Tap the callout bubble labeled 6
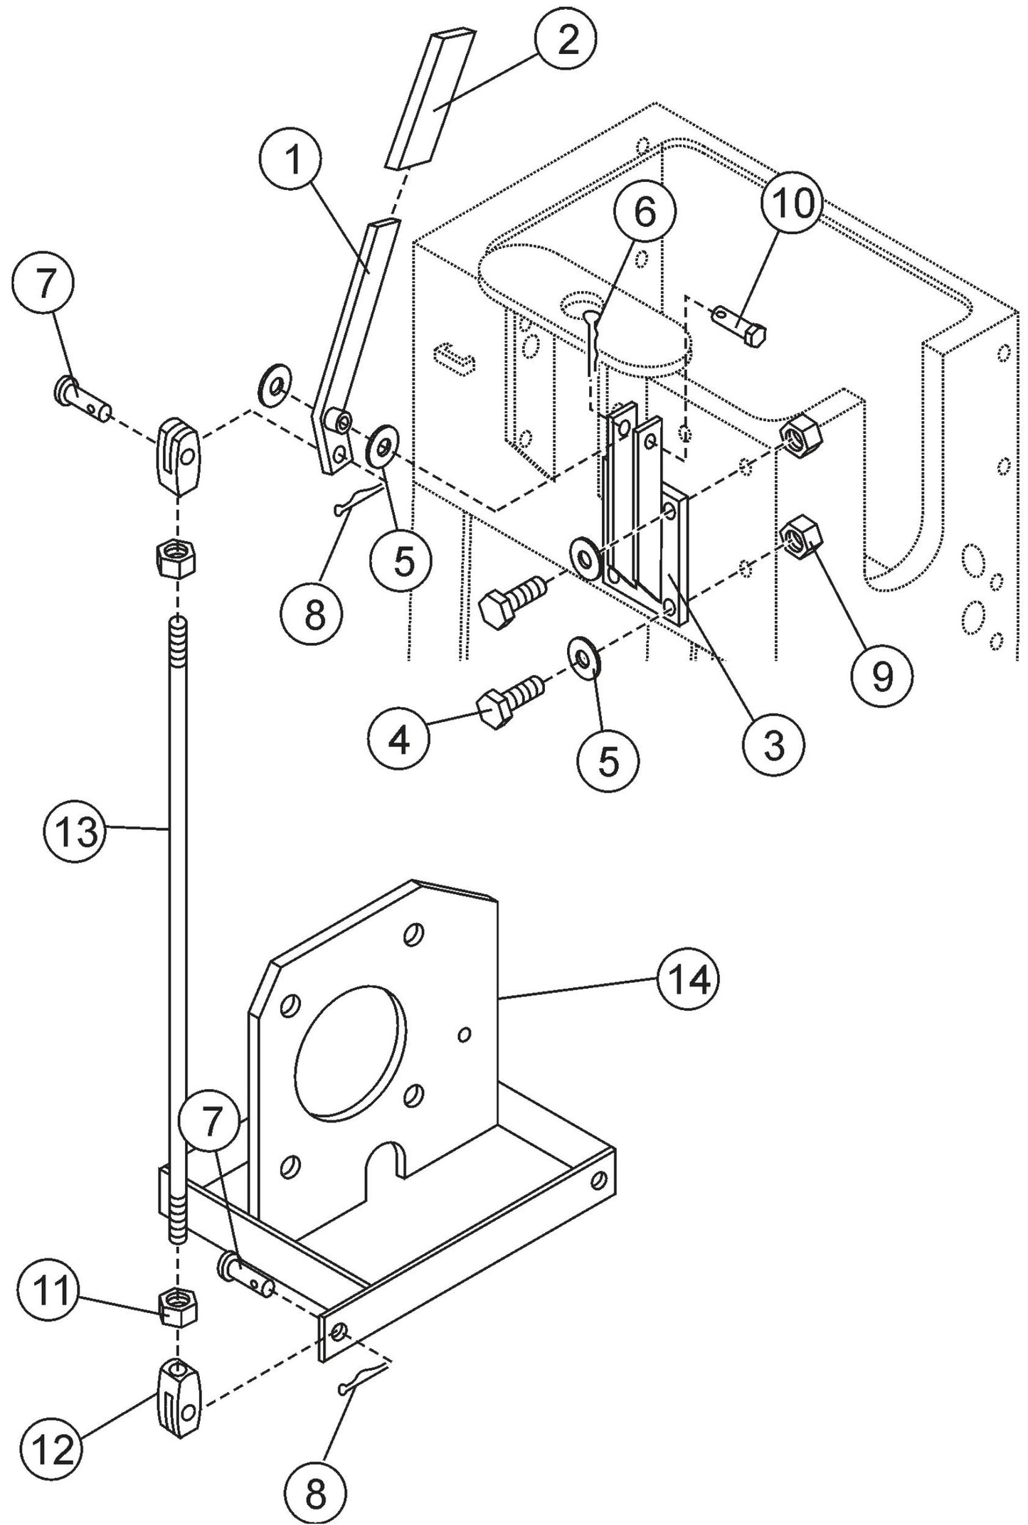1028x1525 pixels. point(645,213)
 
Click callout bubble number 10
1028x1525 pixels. point(794,204)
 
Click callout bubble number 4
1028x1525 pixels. point(400,743)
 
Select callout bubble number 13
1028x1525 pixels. point(78,831)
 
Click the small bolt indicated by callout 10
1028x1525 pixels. point(741,324)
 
